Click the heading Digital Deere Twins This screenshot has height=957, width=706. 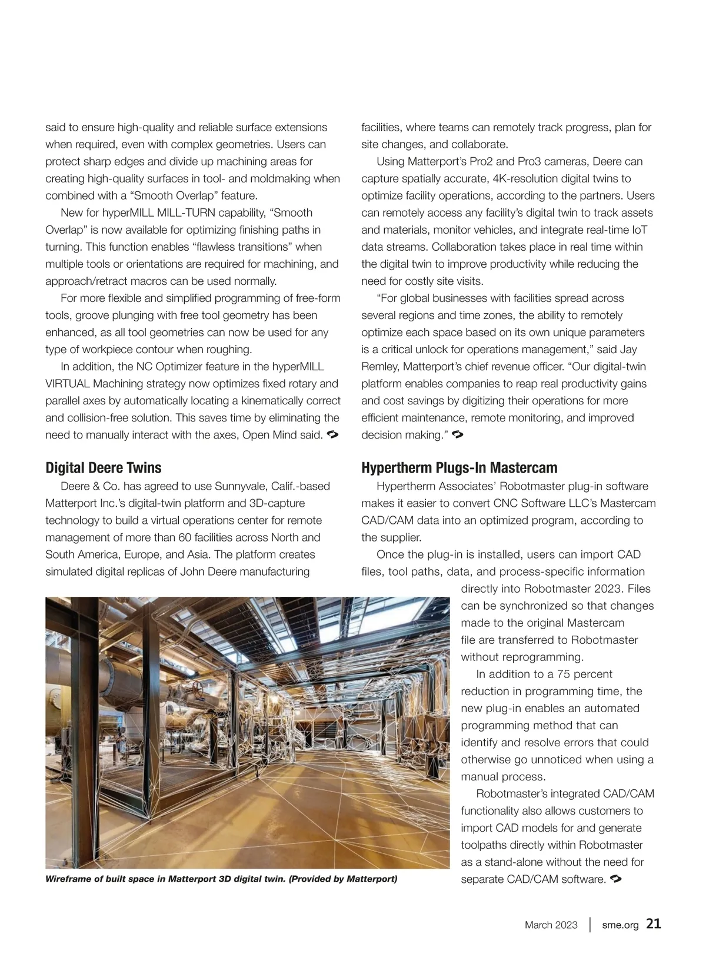(104, 468)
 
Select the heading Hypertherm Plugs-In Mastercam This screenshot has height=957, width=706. (459, 468)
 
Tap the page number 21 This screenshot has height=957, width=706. (653, 923)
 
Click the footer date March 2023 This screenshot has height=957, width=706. (551, 925)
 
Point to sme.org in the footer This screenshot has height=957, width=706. (620, 925)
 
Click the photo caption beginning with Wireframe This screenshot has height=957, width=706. (221, 879)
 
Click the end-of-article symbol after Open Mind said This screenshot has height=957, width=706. (331, 435)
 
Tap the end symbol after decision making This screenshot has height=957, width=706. (458, 435)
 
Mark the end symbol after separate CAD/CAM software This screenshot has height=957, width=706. (617, 879)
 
